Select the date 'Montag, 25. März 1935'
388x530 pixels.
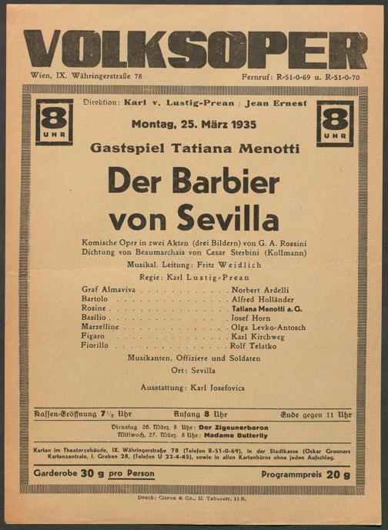[194, 124]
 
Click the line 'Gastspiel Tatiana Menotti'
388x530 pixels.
[194, 146]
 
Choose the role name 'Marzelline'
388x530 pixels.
[104, 325]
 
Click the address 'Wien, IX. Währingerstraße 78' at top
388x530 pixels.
[85, 77]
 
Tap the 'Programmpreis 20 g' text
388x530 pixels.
[306, 475]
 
